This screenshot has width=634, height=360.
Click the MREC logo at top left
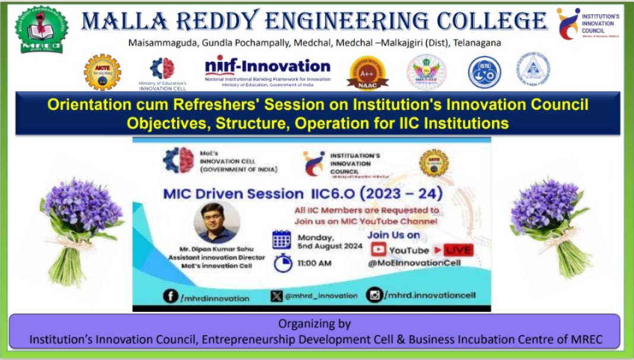point(41,29)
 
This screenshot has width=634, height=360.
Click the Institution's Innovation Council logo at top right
point(569,24)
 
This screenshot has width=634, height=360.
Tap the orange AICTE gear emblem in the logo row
point(102,72)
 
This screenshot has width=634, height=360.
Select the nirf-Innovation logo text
point(267,66)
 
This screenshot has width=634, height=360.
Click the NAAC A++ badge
point(367,73)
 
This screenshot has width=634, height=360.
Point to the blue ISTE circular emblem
point(484,72)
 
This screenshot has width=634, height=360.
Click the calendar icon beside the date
point(281,239)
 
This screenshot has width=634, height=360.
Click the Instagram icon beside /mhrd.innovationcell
point(374,295)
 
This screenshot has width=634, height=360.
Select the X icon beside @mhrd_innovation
point(276,296)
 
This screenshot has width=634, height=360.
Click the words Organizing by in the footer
point(315,324)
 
